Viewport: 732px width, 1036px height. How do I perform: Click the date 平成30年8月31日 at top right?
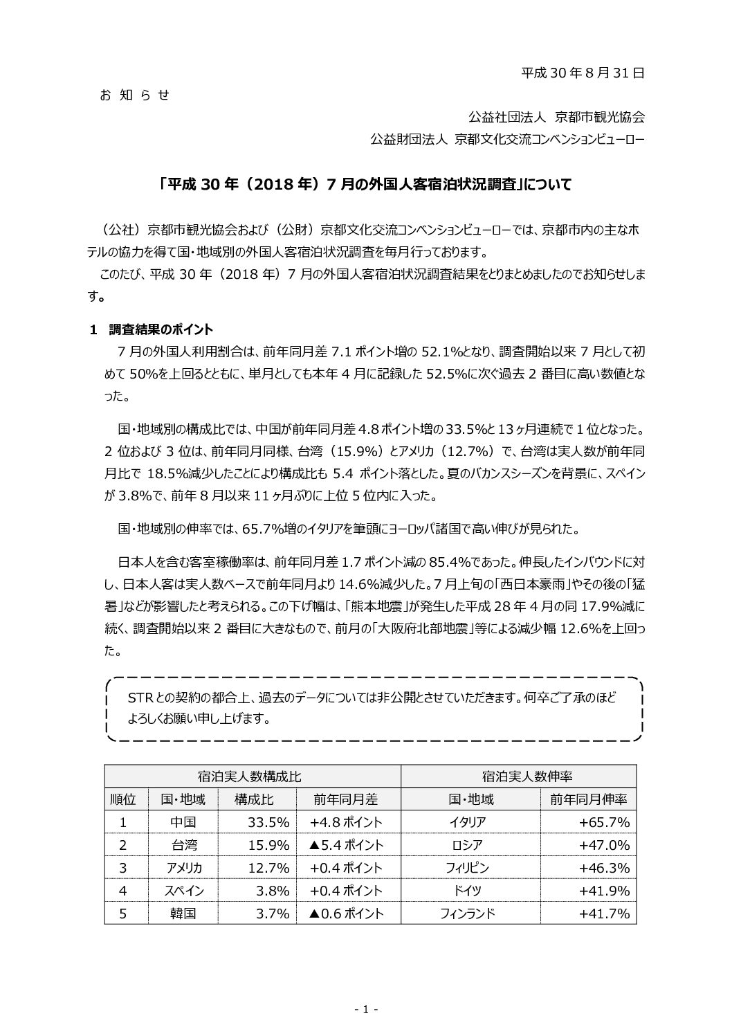(x=583, y=72)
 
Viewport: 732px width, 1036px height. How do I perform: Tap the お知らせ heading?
(x=135, y=95)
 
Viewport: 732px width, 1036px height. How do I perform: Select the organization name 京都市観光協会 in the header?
(x=600, y=116)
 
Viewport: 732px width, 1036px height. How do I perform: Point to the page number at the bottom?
(x=365, y=1010)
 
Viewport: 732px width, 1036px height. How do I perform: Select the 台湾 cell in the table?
(x=183, y=845)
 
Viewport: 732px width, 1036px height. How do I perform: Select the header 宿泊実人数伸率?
(x=518, y=776)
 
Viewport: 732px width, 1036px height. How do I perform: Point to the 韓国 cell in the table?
(x=183, y=914)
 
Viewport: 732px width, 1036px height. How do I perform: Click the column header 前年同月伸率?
(x=588, y=799)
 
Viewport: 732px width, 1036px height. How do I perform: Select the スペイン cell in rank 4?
(x=183, y=891)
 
